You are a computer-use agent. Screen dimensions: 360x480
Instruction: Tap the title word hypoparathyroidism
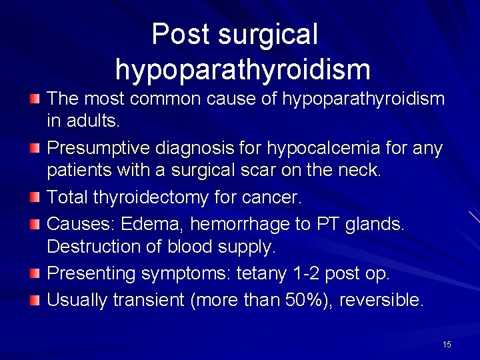click(242, 69)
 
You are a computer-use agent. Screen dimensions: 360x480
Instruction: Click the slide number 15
click(447, 344)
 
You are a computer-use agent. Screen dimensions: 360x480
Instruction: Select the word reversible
click(381, 300)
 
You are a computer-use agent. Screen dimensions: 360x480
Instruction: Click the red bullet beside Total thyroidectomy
click(35, 198)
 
